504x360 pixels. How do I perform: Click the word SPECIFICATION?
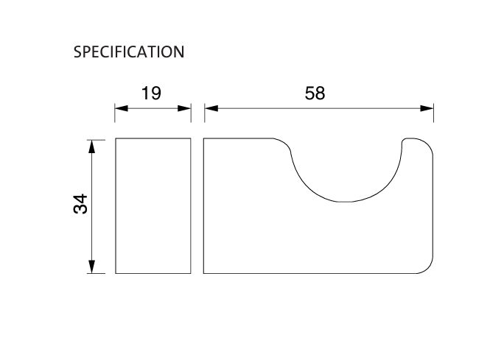coord(129,52)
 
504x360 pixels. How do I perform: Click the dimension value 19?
coord(151,93)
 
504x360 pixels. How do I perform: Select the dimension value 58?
coord(315,93)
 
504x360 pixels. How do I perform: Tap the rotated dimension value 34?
coord(80,204)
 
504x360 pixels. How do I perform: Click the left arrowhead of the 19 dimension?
coord(121,108)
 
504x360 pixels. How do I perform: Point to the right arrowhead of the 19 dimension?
coord(184,108)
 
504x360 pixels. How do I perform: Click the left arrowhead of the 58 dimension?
coord(211,108)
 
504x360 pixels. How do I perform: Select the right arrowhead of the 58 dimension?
coord(427,108)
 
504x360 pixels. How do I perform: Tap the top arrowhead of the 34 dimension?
coord(92,147)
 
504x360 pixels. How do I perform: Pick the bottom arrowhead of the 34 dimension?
coord(92,267)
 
